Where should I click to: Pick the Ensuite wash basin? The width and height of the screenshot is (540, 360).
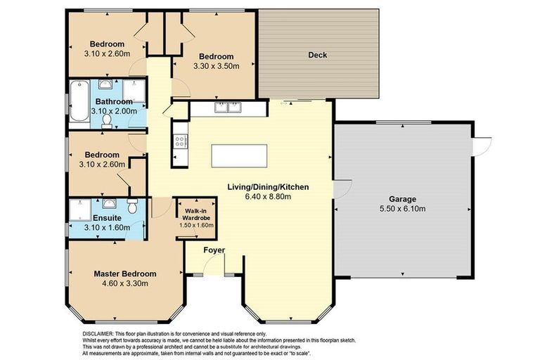pos(108,204)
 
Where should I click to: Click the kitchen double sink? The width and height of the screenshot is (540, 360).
pos(229,108)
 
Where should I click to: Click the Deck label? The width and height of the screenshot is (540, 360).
pos(318,55)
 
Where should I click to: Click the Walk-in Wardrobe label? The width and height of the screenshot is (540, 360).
pos(195,214)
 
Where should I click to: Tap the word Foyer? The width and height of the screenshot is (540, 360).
pos(214,250)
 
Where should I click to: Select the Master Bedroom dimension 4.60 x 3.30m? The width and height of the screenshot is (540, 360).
pos(125,285)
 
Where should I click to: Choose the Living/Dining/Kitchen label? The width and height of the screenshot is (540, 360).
pos(268,187)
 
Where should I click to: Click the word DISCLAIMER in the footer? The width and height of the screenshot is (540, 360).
pos(93,333)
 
